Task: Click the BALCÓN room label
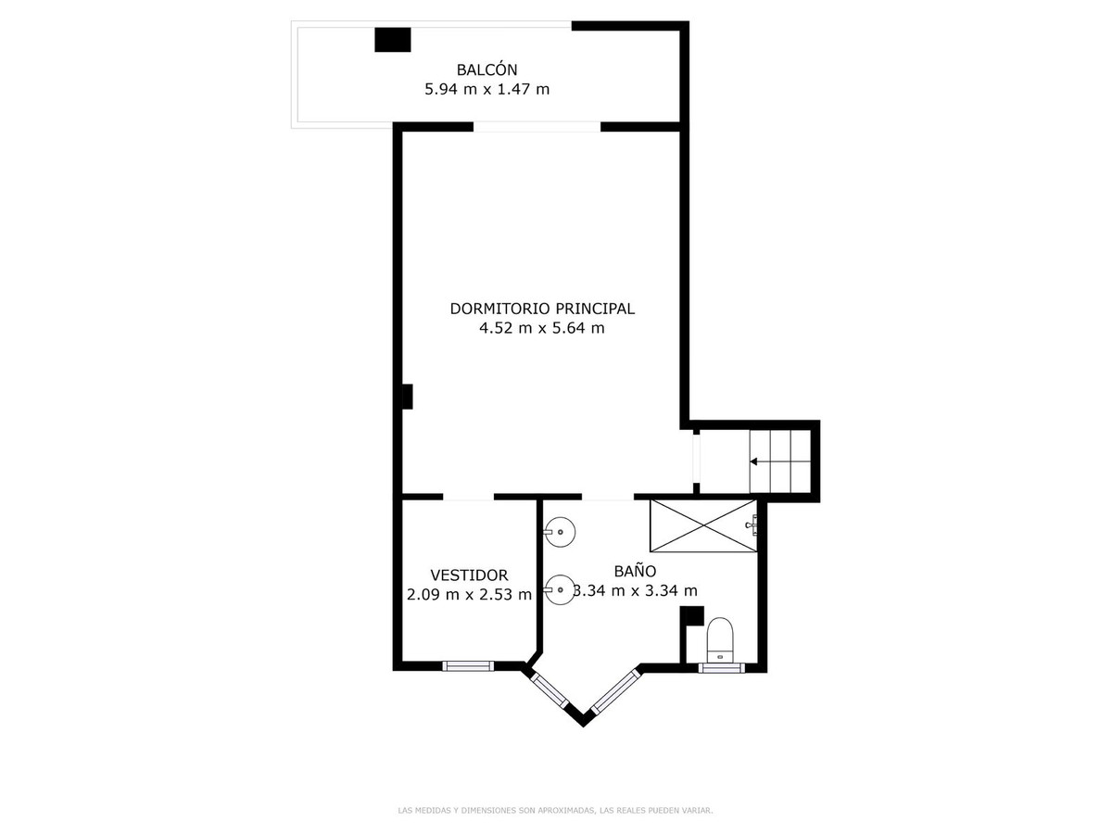486,69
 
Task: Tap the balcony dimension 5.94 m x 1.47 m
486,89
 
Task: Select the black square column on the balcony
392,40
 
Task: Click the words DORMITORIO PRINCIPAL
541,309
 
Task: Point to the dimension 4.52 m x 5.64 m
541,328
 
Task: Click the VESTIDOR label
469,575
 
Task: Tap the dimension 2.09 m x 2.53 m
469,594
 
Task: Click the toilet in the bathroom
719,639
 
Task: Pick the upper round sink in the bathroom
560,532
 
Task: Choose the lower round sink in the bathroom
560,590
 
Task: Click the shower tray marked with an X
703,525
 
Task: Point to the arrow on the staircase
779,461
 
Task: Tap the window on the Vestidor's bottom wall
468,666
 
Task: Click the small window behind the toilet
721,668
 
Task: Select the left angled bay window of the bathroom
549,690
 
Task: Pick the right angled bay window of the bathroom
616,690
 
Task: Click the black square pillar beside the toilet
692,615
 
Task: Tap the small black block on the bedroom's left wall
407,397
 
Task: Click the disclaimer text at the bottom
555,811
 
